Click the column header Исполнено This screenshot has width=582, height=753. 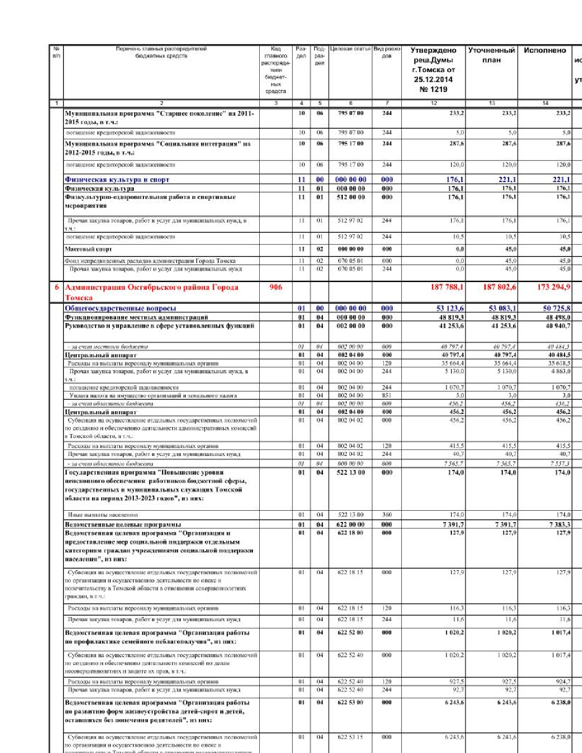click(x=545, y=50)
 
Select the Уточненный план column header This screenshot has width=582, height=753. click(x=492, y=55)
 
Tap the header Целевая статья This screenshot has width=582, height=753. click(x=350, y=49)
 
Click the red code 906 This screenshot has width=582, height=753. click(x=276, y=287)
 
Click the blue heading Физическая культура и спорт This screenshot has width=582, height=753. click(x=117, y=180)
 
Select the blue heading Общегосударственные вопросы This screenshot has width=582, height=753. click(x=121, y=309)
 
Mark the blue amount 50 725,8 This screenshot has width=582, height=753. click(x=556, y=309)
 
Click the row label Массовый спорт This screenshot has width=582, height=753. click(x=88, y=249)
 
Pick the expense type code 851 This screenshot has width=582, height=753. click(x=387, y=396)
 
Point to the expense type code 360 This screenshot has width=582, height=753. click(x=387, y=515)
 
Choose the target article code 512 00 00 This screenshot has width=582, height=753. click(x=351, y=197)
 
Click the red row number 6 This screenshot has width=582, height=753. click(x=57, y=287)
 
